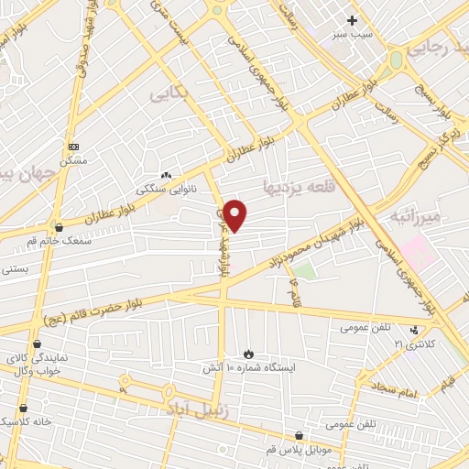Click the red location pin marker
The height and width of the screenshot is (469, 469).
point(235,215)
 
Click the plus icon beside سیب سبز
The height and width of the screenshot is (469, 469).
point(353,19)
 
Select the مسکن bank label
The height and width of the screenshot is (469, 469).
point(73,160)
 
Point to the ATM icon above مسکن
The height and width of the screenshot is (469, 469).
point(73,147)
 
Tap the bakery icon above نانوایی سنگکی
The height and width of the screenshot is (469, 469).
point(165,175)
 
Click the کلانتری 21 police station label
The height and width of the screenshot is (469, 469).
point(411,344)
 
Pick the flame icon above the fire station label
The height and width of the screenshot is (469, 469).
point(247,353)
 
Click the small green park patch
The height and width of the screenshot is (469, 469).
point(304,271)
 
